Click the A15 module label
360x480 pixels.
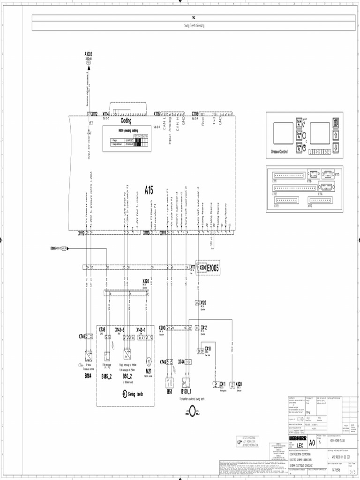[x=149, y=190]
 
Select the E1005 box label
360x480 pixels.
[x=210, y=268]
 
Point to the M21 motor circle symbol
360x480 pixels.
[x=148, y=360]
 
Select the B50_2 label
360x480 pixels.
[x=127, y=375]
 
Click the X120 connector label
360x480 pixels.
[x=203, y=303]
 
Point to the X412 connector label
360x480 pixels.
[x=204, y=327]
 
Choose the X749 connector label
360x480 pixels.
[x=163, y=361]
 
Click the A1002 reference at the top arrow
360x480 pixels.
[x=89, y=54]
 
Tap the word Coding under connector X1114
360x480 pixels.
[x=126, y=121]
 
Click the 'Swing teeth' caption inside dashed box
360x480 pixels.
[x=135, y=394]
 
